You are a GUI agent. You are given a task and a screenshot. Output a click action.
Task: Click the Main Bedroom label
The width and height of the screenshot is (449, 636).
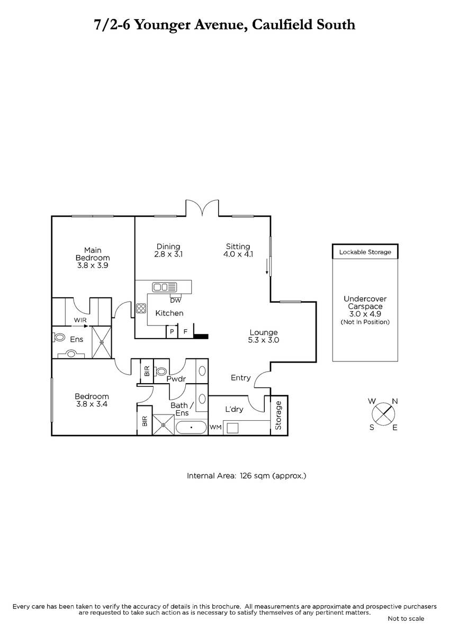(93, 258)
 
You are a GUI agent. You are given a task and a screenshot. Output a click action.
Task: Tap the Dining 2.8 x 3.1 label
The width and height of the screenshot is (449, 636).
(168, 250)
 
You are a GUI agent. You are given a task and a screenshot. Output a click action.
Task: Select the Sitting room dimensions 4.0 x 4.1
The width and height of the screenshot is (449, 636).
(238, 254)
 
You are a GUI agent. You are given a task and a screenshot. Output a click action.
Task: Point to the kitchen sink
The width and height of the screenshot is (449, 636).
(165, 287)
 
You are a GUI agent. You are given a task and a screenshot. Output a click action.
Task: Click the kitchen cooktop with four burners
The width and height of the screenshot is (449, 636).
(141, 308)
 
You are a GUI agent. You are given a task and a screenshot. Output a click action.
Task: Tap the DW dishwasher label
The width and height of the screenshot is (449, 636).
(175, 300)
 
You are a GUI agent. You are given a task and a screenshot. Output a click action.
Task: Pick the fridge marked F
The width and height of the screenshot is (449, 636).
(186, 331)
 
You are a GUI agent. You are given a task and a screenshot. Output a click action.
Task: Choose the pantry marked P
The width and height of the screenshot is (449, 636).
(172, 331)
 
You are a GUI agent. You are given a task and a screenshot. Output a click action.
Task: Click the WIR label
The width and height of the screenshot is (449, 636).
(80, 320)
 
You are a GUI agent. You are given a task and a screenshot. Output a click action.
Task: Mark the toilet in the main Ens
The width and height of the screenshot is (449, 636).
(59, 338)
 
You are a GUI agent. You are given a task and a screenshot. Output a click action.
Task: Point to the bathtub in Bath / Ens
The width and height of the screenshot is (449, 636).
(191, 427)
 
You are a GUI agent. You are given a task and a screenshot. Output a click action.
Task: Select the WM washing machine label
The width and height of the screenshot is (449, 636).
(215, 427)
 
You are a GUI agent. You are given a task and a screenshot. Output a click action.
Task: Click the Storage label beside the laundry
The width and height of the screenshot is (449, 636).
(279, 415)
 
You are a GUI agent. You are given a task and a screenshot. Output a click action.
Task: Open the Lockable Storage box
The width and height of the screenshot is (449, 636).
(365, 252)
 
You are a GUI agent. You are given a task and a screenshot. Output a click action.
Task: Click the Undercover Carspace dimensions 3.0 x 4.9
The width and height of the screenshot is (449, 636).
(365, 314)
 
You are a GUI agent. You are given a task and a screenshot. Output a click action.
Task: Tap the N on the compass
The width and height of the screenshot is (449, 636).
(394, 401)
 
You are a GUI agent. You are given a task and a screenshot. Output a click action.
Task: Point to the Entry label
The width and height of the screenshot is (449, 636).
(240, 378)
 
